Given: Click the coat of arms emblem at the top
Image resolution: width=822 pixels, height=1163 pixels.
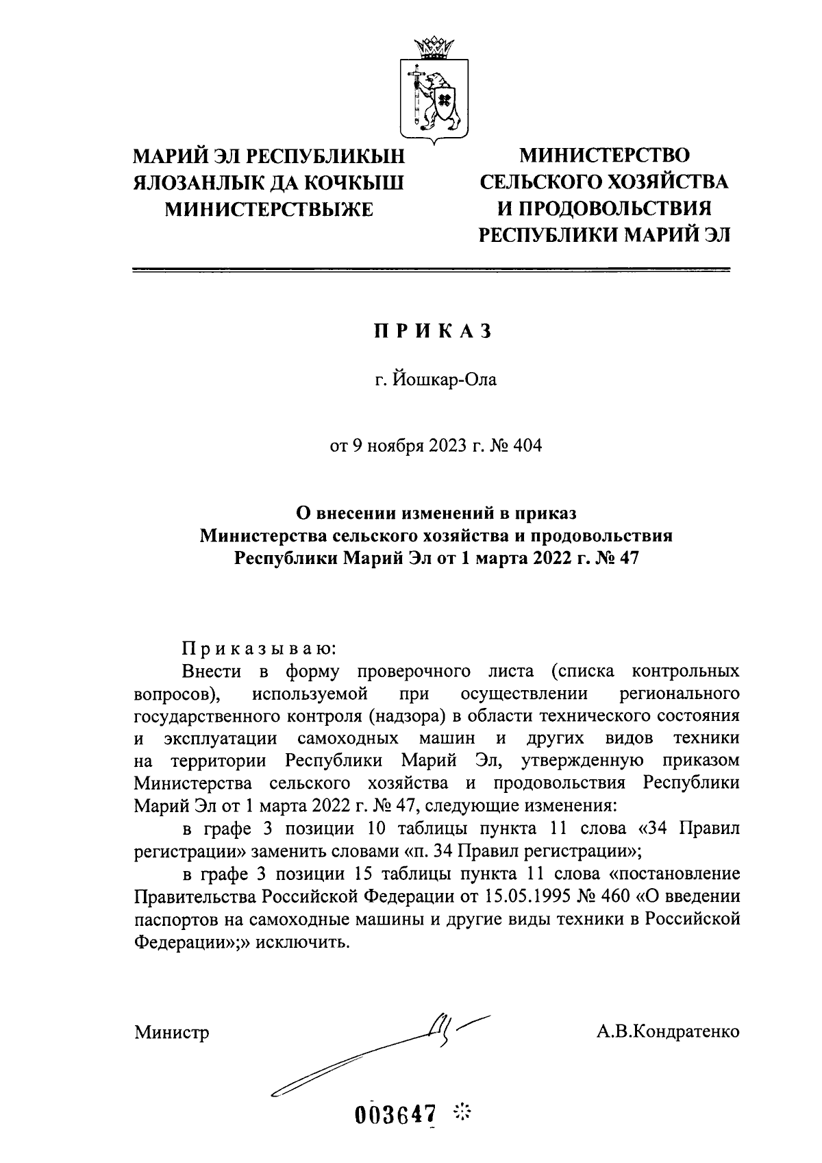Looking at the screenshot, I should coord(434,96).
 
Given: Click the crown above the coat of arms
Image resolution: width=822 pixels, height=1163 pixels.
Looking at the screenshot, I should coord(434,49).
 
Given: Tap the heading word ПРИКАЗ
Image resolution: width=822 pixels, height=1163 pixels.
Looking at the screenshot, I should coord(433,332).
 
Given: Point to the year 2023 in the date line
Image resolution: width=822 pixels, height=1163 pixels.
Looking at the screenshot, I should coord(448,447).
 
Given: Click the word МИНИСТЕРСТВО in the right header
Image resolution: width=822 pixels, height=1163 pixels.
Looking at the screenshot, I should coord(604,156).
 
